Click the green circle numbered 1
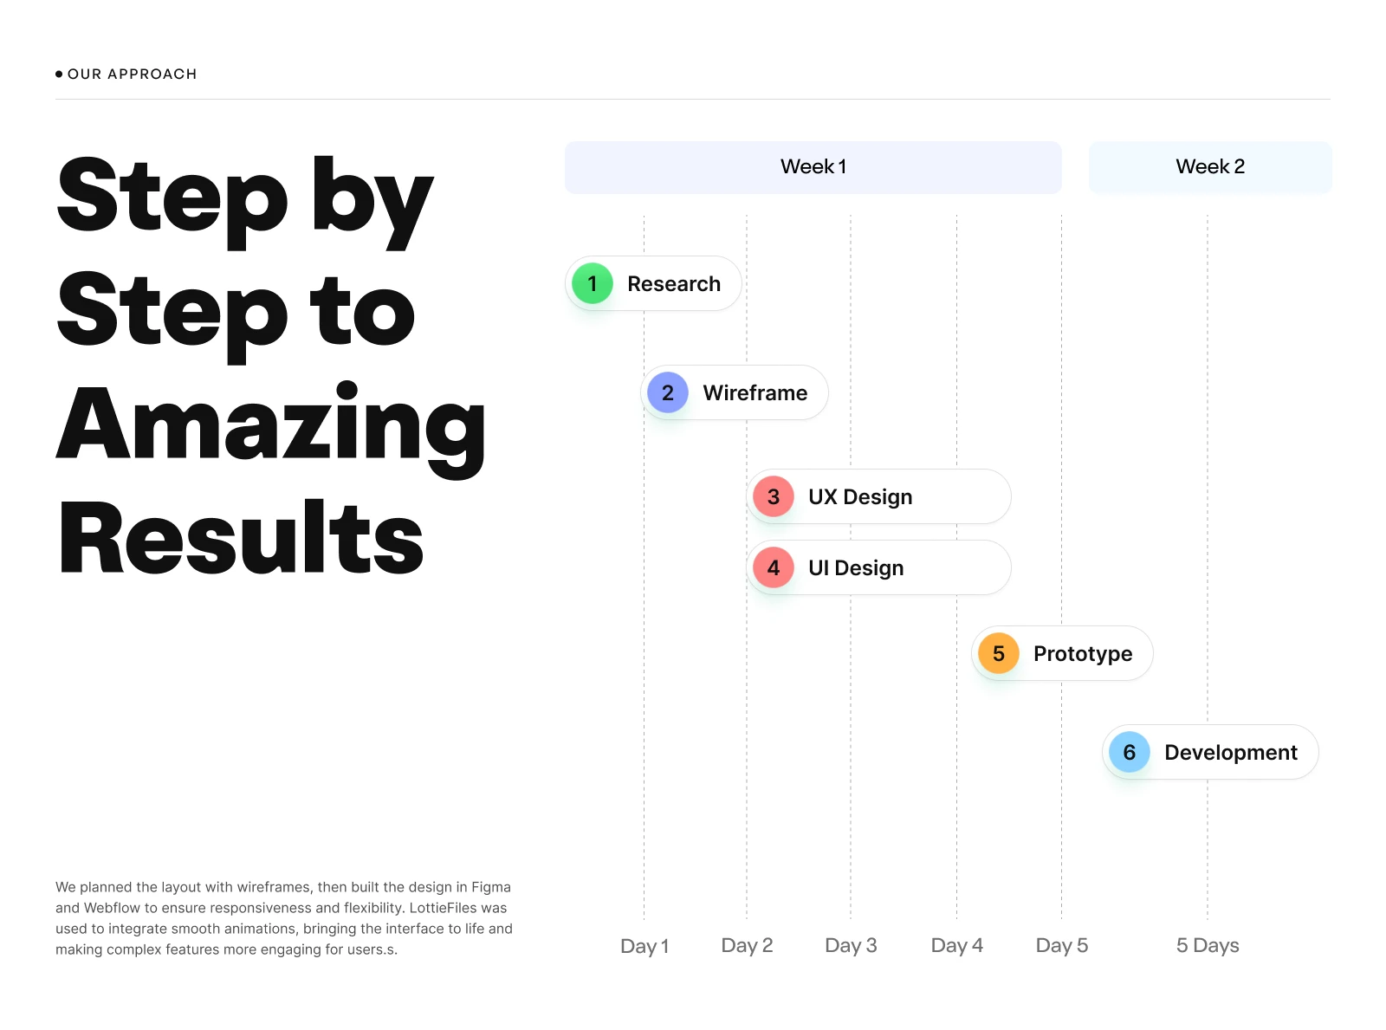[592, 283]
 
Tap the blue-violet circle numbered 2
[667, 392]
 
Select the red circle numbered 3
[773, 496]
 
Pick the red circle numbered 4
[773, 567]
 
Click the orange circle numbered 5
[998, 653]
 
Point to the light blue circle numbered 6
[1129, 752]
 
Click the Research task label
[674, 284]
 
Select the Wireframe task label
[755, 392]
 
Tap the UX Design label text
[860, 497]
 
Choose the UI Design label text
[856, 568]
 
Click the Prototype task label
[1082, 654]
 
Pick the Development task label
[1230, 753]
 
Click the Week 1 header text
[813, 166]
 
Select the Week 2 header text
[1210, 166]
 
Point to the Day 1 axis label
[644, 946]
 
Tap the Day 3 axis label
[851, 945]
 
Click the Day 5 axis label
[1061, 945]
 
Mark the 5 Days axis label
[1207, 945]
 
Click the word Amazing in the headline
[270, 429]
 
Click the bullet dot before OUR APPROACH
[59, 74]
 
